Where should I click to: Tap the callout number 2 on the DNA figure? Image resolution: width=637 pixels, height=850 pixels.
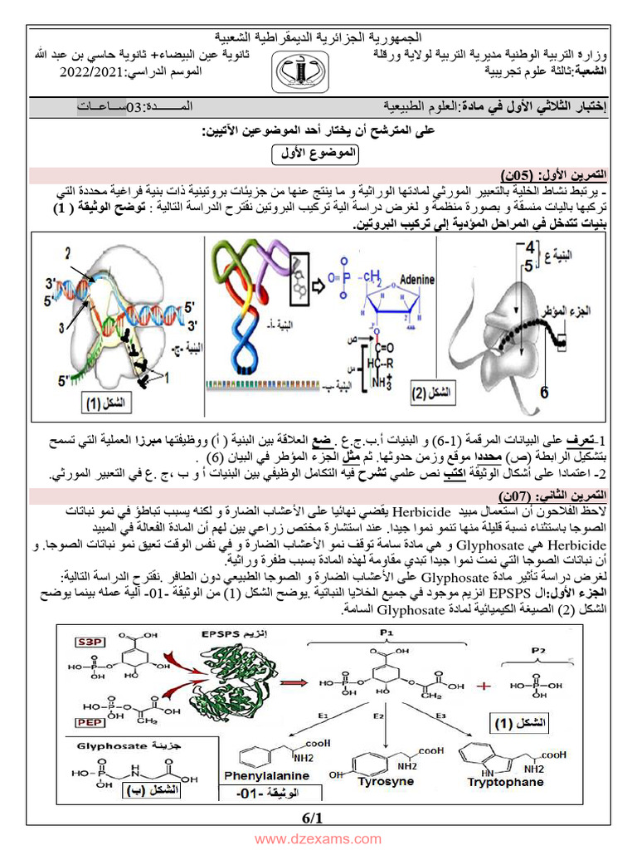pos(68,252)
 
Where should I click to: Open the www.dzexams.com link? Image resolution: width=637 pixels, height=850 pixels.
pos(318,839)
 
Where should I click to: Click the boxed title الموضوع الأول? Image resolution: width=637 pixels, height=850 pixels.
pos(317,153)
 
